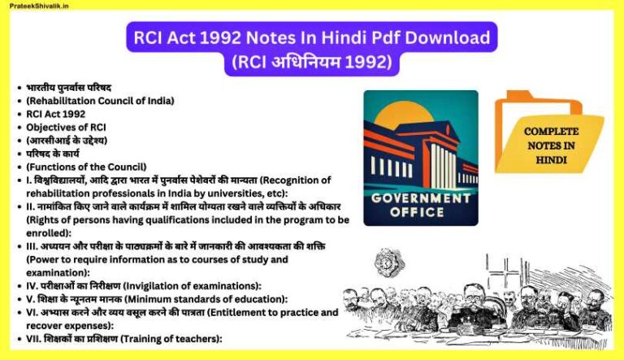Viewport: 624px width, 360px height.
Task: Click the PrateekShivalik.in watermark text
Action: (x=41, y=6)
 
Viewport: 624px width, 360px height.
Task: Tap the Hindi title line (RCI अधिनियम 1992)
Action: (x=312, y=61)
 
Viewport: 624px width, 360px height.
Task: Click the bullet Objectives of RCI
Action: (x=66, y=127)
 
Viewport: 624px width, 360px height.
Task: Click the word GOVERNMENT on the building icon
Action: (x=421, y=198)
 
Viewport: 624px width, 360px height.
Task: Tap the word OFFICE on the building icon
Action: (x=421, y=212)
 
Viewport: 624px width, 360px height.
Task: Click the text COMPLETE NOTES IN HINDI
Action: (x=551, y=145)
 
